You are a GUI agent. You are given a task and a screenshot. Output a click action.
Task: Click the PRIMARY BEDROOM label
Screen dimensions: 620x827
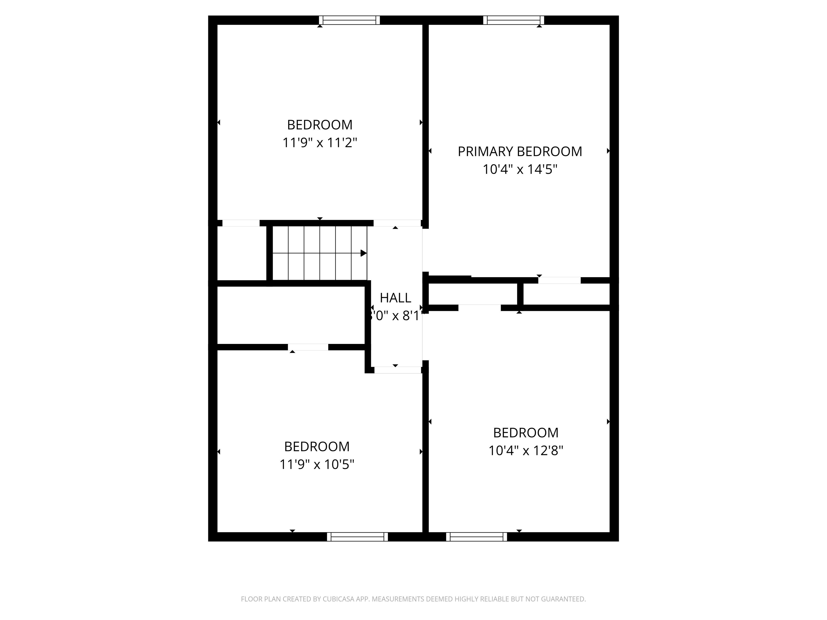[x=520, y=151]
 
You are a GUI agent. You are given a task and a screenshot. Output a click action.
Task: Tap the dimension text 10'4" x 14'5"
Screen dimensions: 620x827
[x=520, y=170]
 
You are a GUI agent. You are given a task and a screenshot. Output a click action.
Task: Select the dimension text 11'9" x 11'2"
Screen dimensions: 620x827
[x=320, y=143]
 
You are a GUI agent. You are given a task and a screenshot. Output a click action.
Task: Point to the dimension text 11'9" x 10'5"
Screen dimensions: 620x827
[x=317, y=464]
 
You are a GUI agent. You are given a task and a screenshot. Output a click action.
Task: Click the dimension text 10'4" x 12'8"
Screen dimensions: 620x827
[x=526, y=451]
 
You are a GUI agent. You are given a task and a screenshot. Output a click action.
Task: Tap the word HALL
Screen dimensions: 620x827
[x=395, y=298]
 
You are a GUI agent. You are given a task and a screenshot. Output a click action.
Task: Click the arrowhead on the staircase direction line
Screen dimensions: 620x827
[x=363, y=253]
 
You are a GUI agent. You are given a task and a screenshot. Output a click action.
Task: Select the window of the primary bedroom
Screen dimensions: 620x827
[x=513, y=20]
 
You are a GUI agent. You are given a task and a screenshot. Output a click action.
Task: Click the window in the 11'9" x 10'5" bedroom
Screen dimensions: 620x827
[x=358, y=537]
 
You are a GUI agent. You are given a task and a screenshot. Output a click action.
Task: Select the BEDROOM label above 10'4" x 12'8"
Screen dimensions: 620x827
[x=526, y=433]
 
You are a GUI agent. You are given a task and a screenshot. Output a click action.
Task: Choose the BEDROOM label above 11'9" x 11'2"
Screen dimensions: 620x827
[x=320, y=124]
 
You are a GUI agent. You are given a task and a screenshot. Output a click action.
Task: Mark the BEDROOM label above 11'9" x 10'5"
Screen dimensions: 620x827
[x=317, y=447]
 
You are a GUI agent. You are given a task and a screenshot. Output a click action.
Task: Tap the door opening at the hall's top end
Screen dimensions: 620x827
[x=397, y=223]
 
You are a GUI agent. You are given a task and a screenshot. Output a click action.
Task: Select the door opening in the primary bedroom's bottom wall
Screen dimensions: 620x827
[x=559, y=280]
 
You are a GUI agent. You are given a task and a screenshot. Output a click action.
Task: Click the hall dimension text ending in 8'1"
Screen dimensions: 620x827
[x=395, y=316]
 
